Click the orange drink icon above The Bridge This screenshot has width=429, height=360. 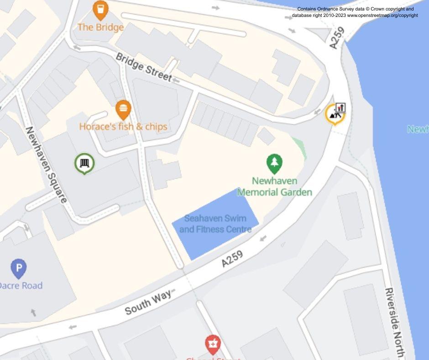[100, 10]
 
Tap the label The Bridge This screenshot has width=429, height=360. [100, 27]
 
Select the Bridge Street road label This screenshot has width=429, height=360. [143, 68]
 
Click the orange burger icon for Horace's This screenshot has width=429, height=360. [123, 110]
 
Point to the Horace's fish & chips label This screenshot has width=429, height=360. [123, 127]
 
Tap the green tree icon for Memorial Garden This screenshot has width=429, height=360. [274, 163]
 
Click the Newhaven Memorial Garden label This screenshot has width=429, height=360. [274, 186]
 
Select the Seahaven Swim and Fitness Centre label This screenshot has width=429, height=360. [215, 224]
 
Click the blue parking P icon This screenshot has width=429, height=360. [18, 268]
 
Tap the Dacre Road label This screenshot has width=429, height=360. [21, 286]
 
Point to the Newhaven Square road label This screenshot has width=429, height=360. [46, 164]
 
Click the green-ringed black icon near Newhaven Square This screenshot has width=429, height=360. [84, 163]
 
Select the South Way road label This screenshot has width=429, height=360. [148, 302]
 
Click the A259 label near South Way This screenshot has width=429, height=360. [232, 259]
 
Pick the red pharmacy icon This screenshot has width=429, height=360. [213, 344]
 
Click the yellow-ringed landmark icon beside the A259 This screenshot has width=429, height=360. [335, 114]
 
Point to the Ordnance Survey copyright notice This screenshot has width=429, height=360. [355, 12]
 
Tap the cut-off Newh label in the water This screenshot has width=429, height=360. [418, 129]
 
